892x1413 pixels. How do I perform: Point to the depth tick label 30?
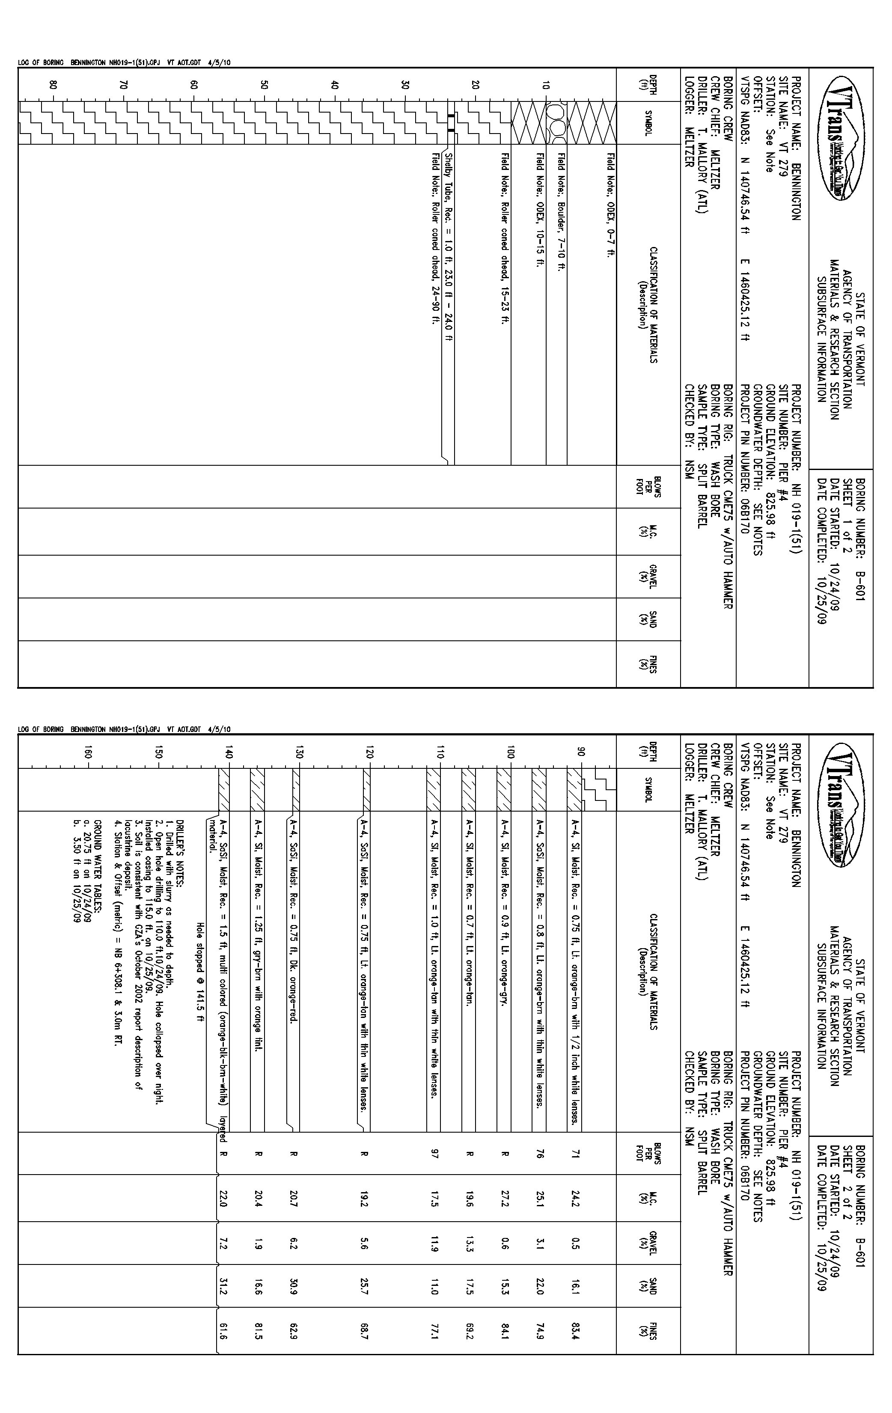405,84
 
